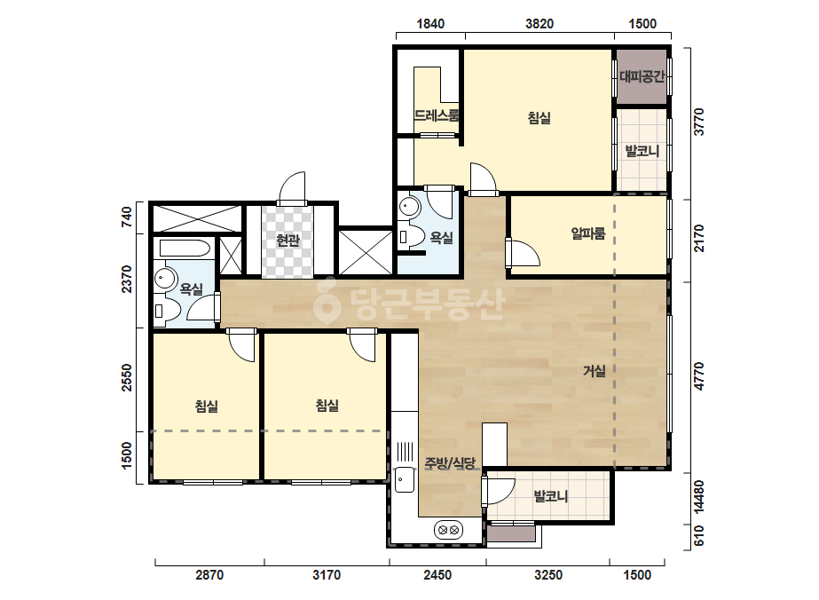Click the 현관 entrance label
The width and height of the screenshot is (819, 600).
287,240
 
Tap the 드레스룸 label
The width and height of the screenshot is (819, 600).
437,115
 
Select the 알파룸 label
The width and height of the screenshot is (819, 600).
588,233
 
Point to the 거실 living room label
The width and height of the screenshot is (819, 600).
594,371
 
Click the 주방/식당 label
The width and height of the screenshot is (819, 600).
450,463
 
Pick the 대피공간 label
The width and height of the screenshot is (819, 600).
642,77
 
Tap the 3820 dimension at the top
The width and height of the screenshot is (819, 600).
539,23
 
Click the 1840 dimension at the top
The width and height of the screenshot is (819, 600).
430,23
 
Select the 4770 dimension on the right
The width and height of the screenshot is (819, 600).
699,375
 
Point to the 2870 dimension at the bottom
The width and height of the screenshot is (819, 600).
209,575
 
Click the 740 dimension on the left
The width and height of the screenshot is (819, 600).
126,217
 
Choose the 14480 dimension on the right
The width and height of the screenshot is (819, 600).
699,497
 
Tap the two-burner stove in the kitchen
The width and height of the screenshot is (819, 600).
449,530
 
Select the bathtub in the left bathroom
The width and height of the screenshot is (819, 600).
185,248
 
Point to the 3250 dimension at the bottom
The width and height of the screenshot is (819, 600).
548,575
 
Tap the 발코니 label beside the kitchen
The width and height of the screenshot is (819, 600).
550,496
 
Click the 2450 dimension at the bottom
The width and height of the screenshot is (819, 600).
437,575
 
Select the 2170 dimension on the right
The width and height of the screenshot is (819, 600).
699,238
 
